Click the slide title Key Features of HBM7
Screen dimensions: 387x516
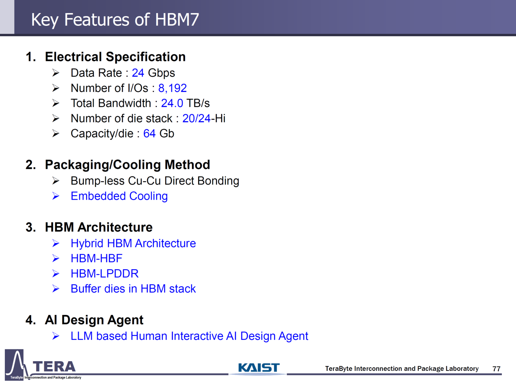[x=115, y=20]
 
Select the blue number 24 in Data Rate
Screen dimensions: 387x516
[x=138, y=73]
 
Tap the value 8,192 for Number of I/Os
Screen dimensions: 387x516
[x=172, y=88]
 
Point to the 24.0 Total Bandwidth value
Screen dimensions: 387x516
[x=172, y=103]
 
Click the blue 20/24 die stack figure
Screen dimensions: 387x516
[x=196, y=118]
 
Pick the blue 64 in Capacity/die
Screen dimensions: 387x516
[x=149, y=134]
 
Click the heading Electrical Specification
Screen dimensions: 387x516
[x=115, y=57]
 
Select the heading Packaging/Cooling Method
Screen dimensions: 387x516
[x=127, y=165]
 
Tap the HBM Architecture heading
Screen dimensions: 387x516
[x=99, y=227]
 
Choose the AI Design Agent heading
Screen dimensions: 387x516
[x=94, y=320]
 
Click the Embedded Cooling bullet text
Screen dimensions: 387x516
[x=119, y=196]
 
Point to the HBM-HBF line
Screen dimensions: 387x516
[x=96, y=258]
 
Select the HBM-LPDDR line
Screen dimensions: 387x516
[x=105, y=273]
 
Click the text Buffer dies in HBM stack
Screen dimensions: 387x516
[x=133, y=289]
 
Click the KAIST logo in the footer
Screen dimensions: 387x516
[x=259, y=368]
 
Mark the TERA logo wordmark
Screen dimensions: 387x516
[x=54, y=367]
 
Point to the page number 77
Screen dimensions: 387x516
[x=496, y=369]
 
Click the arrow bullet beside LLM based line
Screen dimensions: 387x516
[x=56, y=336]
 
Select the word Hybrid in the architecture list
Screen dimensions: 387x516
[x=87, y=243]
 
